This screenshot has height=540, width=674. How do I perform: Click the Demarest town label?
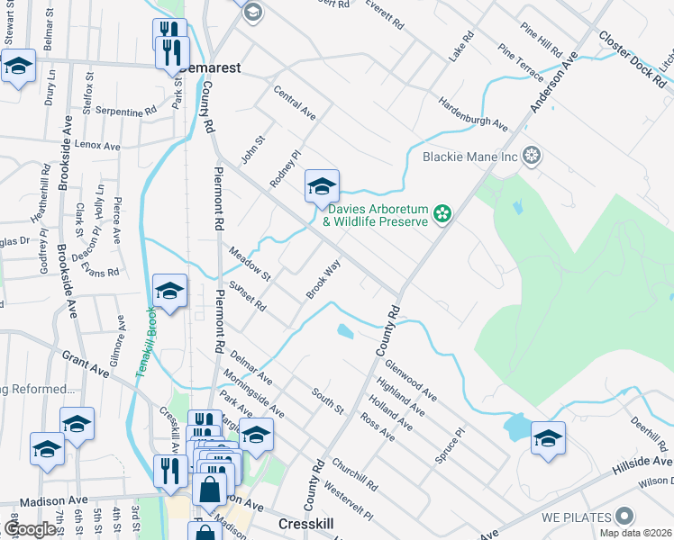pyautogui.click(x=210, y=67)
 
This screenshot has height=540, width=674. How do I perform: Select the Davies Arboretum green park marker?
pyautogui.click(x=442, y=213)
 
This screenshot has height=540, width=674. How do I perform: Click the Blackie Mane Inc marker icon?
pyautogui.click(x=532, y=156)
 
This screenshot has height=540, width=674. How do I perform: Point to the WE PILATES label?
pyautogui.click(x=578, y=517)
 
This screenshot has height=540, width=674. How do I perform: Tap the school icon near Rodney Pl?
pyautogui.click(x=322, y=187)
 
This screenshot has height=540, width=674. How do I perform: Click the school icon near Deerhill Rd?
pyautogui.click(x=548, y=438)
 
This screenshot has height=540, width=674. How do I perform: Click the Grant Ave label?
pyautogui.click(x=86, y=358)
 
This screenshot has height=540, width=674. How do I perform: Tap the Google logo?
pyautogui.click(x=32, y=529)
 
